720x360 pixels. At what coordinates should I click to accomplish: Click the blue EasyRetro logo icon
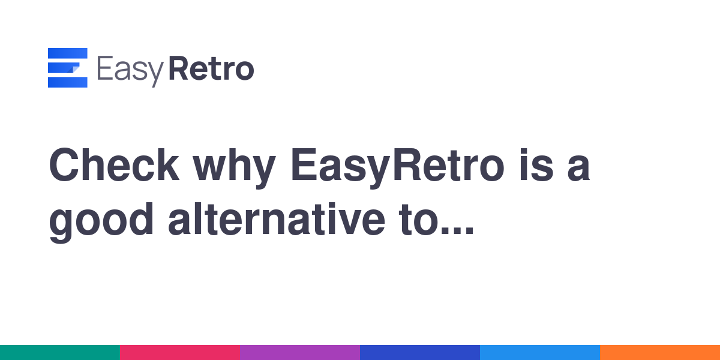[x=67, y=67]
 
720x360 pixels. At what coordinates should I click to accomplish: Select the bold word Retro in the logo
[x=211, y=68]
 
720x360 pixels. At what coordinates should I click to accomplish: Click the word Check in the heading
[x=114, y=165]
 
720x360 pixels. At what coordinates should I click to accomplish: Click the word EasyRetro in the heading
[x=397, y=168]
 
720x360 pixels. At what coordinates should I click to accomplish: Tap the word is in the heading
[x=536, y=165]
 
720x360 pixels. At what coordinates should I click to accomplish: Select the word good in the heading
[x=101, y=223]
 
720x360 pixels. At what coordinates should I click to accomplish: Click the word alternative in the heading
[x=277, y=219]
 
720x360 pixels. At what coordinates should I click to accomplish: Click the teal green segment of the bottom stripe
[x=60, y=353]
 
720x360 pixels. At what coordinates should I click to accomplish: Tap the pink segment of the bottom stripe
[x=180, y=353]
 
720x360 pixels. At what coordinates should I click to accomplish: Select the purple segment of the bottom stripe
[x=300, y=353]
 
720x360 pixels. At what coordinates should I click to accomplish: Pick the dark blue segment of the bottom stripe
[x=420, y=353]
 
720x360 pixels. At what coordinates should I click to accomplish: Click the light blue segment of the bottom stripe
[x=540, y=353]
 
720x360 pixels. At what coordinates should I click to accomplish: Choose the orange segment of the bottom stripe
[x=660, y=353]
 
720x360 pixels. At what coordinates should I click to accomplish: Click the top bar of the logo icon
[x=67, y=53]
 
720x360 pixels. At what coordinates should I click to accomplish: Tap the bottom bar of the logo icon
[x=67, y=82]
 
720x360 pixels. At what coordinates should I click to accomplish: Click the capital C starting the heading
[x=64, y=165]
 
